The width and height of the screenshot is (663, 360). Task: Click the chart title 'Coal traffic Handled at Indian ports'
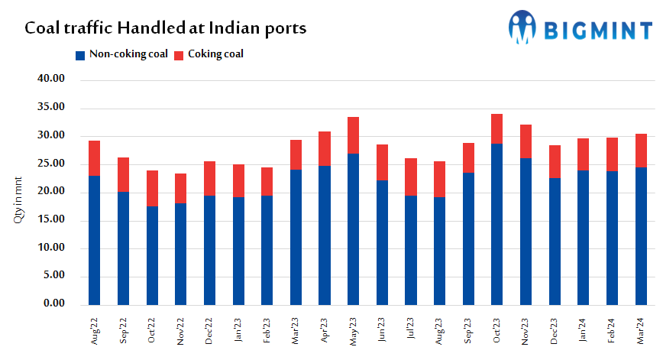[x=166, y=29]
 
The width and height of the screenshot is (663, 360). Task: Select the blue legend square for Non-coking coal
[x=79, y=55]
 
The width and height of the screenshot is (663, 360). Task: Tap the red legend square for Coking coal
[x=179, y=55]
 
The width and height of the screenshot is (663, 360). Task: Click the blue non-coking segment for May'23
[x=353, y=229]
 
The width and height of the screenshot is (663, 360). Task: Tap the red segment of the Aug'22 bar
[x=95, y=158]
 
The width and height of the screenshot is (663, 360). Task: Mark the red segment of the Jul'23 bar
[x=410, y=177]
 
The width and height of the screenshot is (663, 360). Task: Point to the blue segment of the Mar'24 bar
[x=641, y=236]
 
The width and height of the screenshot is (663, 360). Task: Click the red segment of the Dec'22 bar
[x=209, y=178]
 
